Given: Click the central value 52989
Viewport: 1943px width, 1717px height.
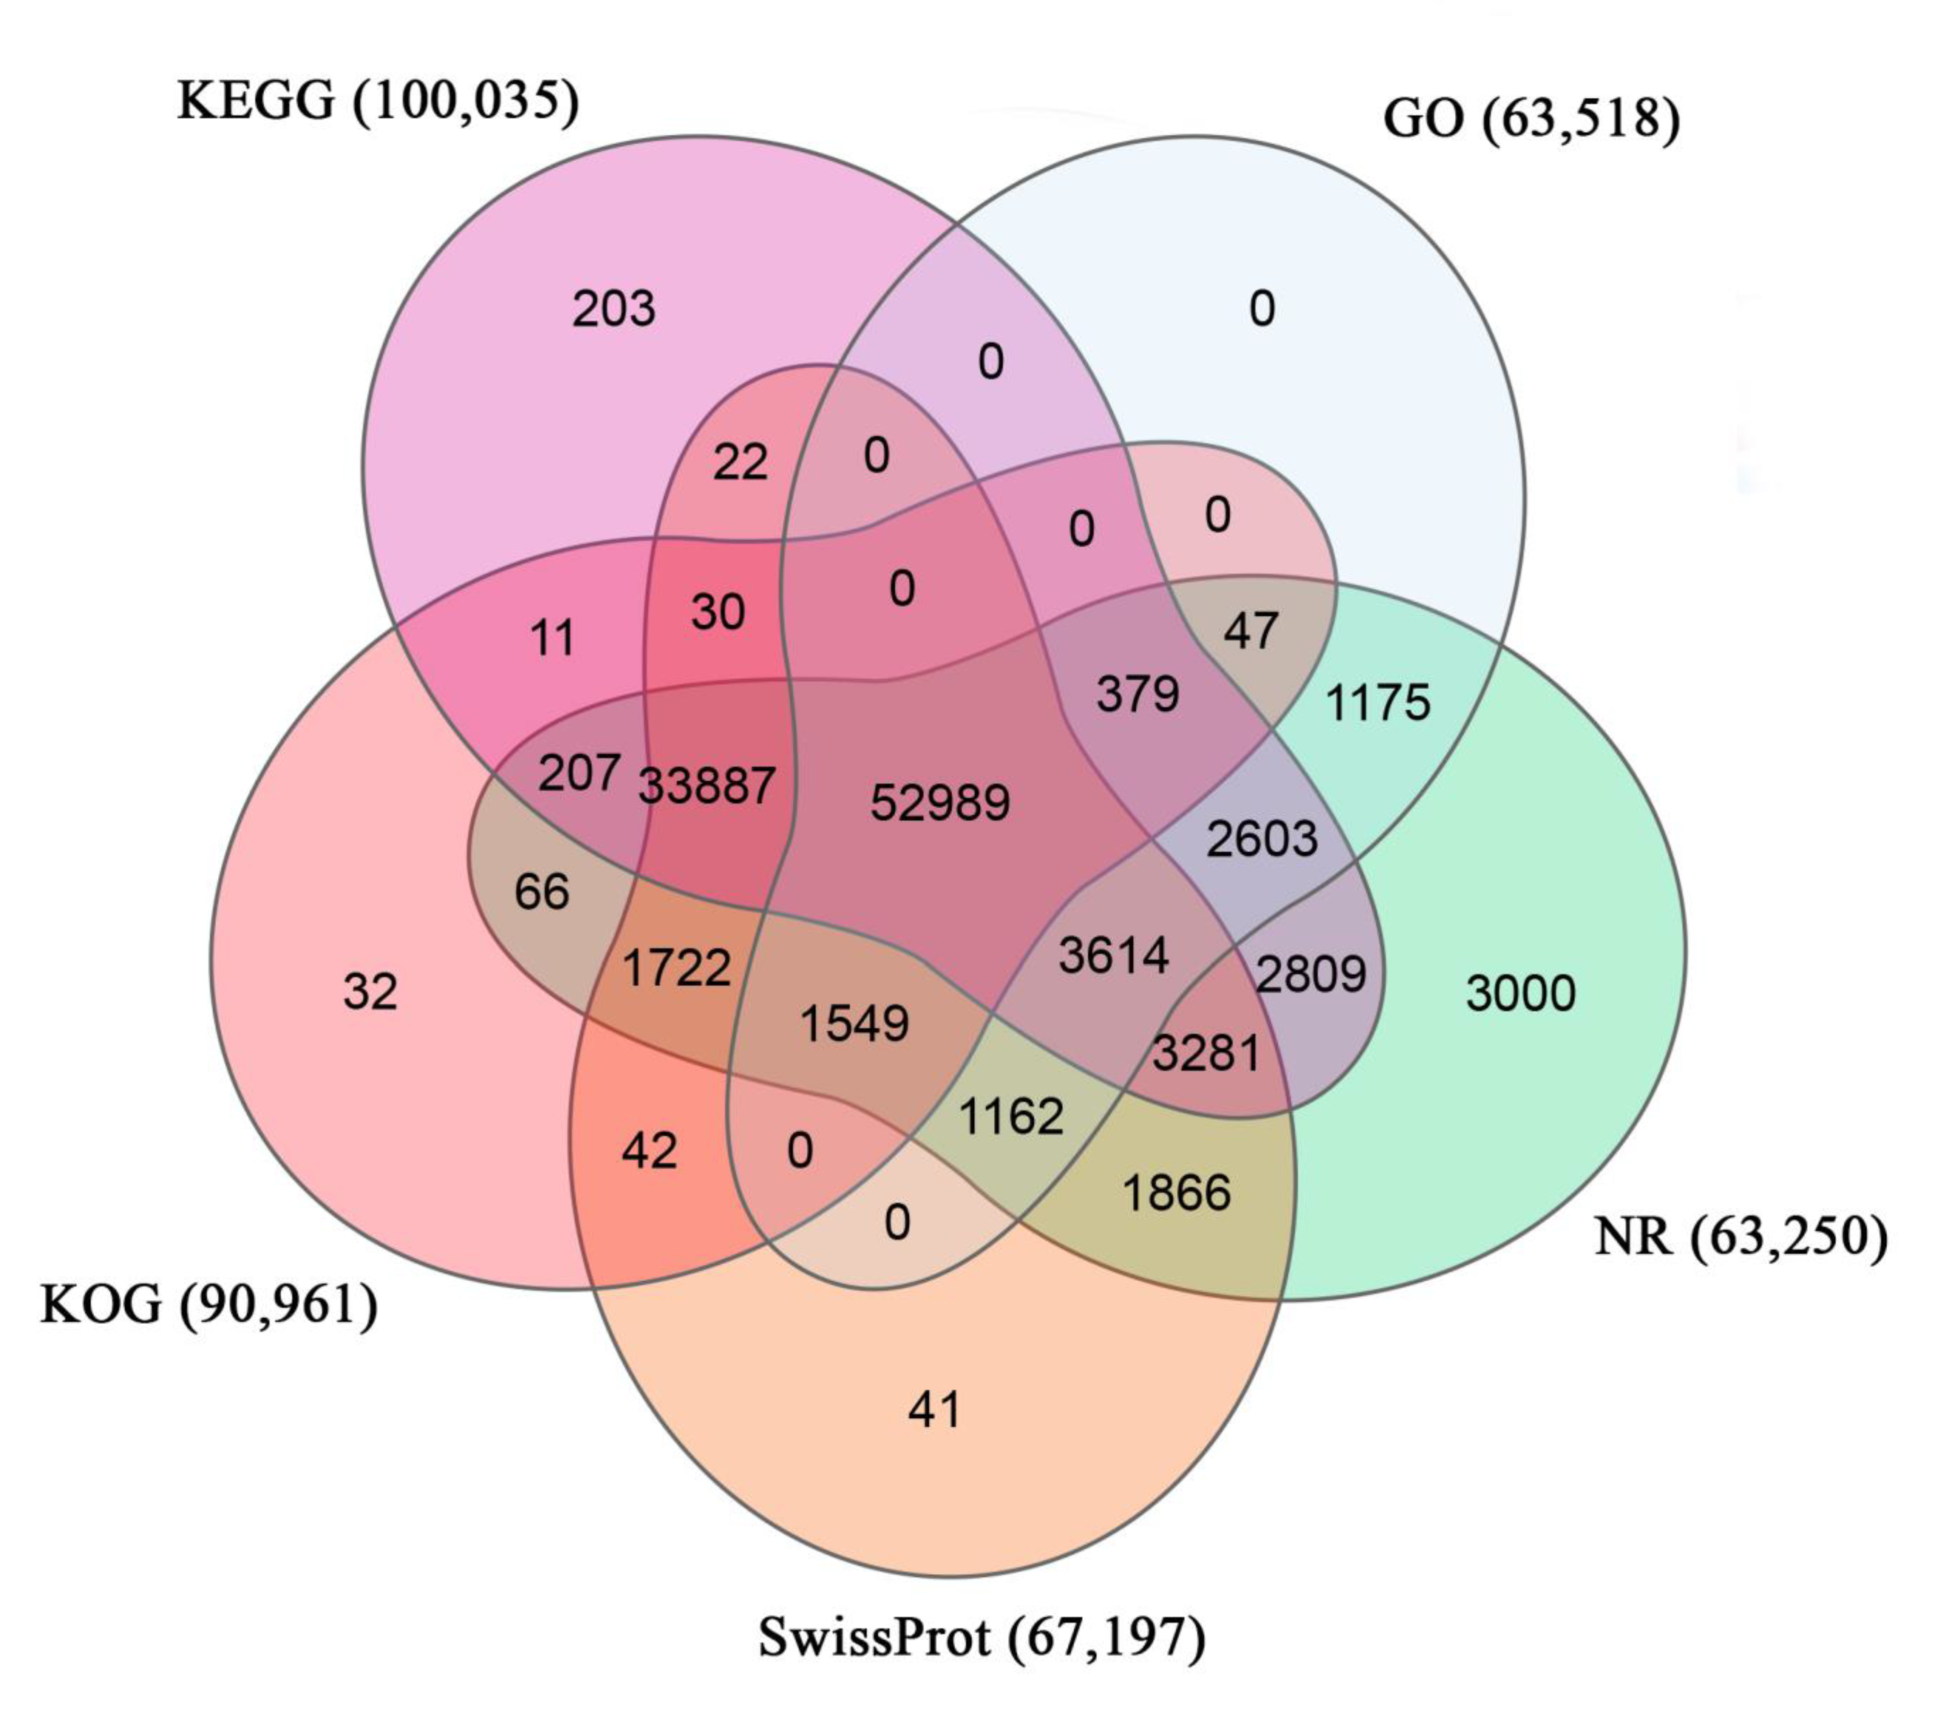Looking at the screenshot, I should (x=939, y=803).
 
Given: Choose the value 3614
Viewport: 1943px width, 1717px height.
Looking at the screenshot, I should (x=1113, y=956).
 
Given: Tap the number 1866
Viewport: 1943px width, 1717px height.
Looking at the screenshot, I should (x=1176, y=1193).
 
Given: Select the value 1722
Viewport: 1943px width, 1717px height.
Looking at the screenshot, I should (x=676, y=968).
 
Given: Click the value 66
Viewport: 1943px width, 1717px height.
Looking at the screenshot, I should (x=541, y=892).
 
